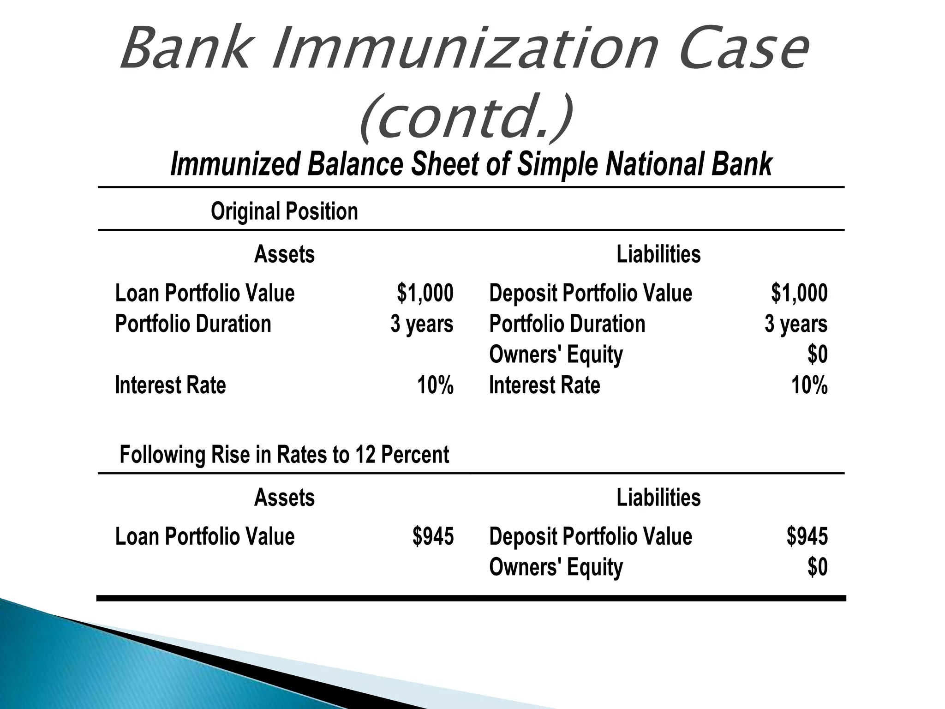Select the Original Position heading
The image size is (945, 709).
(x=284, y=212)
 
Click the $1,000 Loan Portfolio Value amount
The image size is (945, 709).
(x=425, y=294)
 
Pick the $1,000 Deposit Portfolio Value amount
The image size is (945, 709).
(x=799, y=294)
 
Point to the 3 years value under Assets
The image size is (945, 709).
(x=422, y=324)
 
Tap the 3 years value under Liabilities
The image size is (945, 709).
(x=796, y=324)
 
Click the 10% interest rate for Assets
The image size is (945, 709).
(x=435, y=385)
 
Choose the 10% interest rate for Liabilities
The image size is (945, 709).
(x=809, y=385)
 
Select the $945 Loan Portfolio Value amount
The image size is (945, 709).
(x=433, y=537)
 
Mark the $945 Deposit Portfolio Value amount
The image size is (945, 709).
(x=807, y=537)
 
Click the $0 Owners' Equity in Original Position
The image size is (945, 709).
(x=817, y=355)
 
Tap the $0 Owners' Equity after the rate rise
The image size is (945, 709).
(x=817, y=567)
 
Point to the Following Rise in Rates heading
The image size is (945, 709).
(x=284, y=455)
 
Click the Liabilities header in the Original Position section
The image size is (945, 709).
(x=658, y=254)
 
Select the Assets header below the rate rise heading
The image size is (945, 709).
(x=284, y=498)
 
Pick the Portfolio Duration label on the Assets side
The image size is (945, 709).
(x=193, y=324)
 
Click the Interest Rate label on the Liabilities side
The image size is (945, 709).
(x=544, y=385)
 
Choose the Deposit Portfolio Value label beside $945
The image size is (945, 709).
(x=591, y=537)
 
